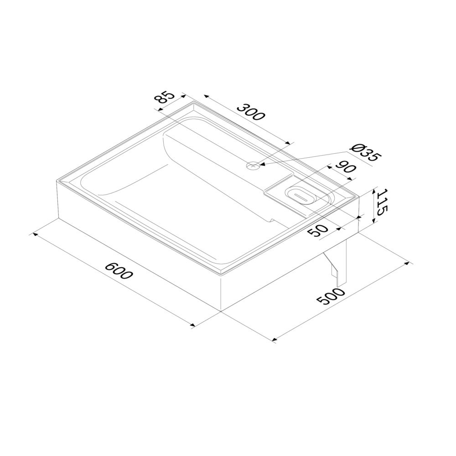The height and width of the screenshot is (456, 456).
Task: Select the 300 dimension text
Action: click(x=251, y=111)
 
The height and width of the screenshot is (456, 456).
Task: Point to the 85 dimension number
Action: click(x=164, y=98)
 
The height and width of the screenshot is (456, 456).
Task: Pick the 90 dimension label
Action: click(x=346, y=170)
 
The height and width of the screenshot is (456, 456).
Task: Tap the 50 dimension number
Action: click(x=318, y=230)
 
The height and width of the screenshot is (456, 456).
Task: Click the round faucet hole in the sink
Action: click(x=253, y=166)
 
